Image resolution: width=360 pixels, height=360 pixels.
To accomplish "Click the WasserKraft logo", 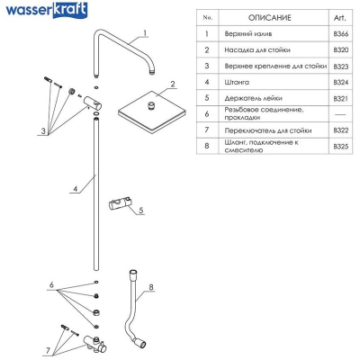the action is click(x=47, y=10).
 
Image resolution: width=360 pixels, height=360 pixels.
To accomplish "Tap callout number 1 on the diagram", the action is click(x=145, y=32).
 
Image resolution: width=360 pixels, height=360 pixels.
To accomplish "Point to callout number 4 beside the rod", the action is click(x=76, y=189).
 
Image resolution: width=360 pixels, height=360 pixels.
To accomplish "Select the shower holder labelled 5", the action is click(x=121, y=204).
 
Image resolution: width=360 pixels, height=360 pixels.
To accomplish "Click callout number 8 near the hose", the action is click(x=151, y=287).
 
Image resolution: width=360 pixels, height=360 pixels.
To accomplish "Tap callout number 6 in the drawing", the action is click(x=51, y=284).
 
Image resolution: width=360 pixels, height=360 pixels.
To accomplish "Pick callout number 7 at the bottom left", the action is click(x=48, y=350).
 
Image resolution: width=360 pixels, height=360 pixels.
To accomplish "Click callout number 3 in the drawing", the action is click(x=43, y=131).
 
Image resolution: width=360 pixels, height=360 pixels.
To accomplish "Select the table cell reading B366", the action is click(x=341, y=34).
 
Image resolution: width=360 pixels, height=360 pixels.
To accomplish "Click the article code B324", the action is click(x=341, y=82).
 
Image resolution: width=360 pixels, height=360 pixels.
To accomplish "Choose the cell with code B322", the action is click(x=341, y=130).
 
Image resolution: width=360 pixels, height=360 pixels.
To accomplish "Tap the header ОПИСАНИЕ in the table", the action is click(x=269, y=18).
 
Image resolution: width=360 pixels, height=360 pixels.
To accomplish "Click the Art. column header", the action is click(x=340, y=18).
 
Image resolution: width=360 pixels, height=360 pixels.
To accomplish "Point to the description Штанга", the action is click(x=237, y=82).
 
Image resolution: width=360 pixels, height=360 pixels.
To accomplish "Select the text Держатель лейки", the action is click(x=253, y=98).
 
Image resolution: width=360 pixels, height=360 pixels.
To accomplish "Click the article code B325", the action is click(x=341, y=147).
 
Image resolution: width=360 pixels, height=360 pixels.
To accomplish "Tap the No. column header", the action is click(x=207, y=18).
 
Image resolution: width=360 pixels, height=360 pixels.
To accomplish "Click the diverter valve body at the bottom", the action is click(x=95, y=344).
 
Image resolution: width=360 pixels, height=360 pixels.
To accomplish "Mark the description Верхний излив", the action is click(x=248, y=34).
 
